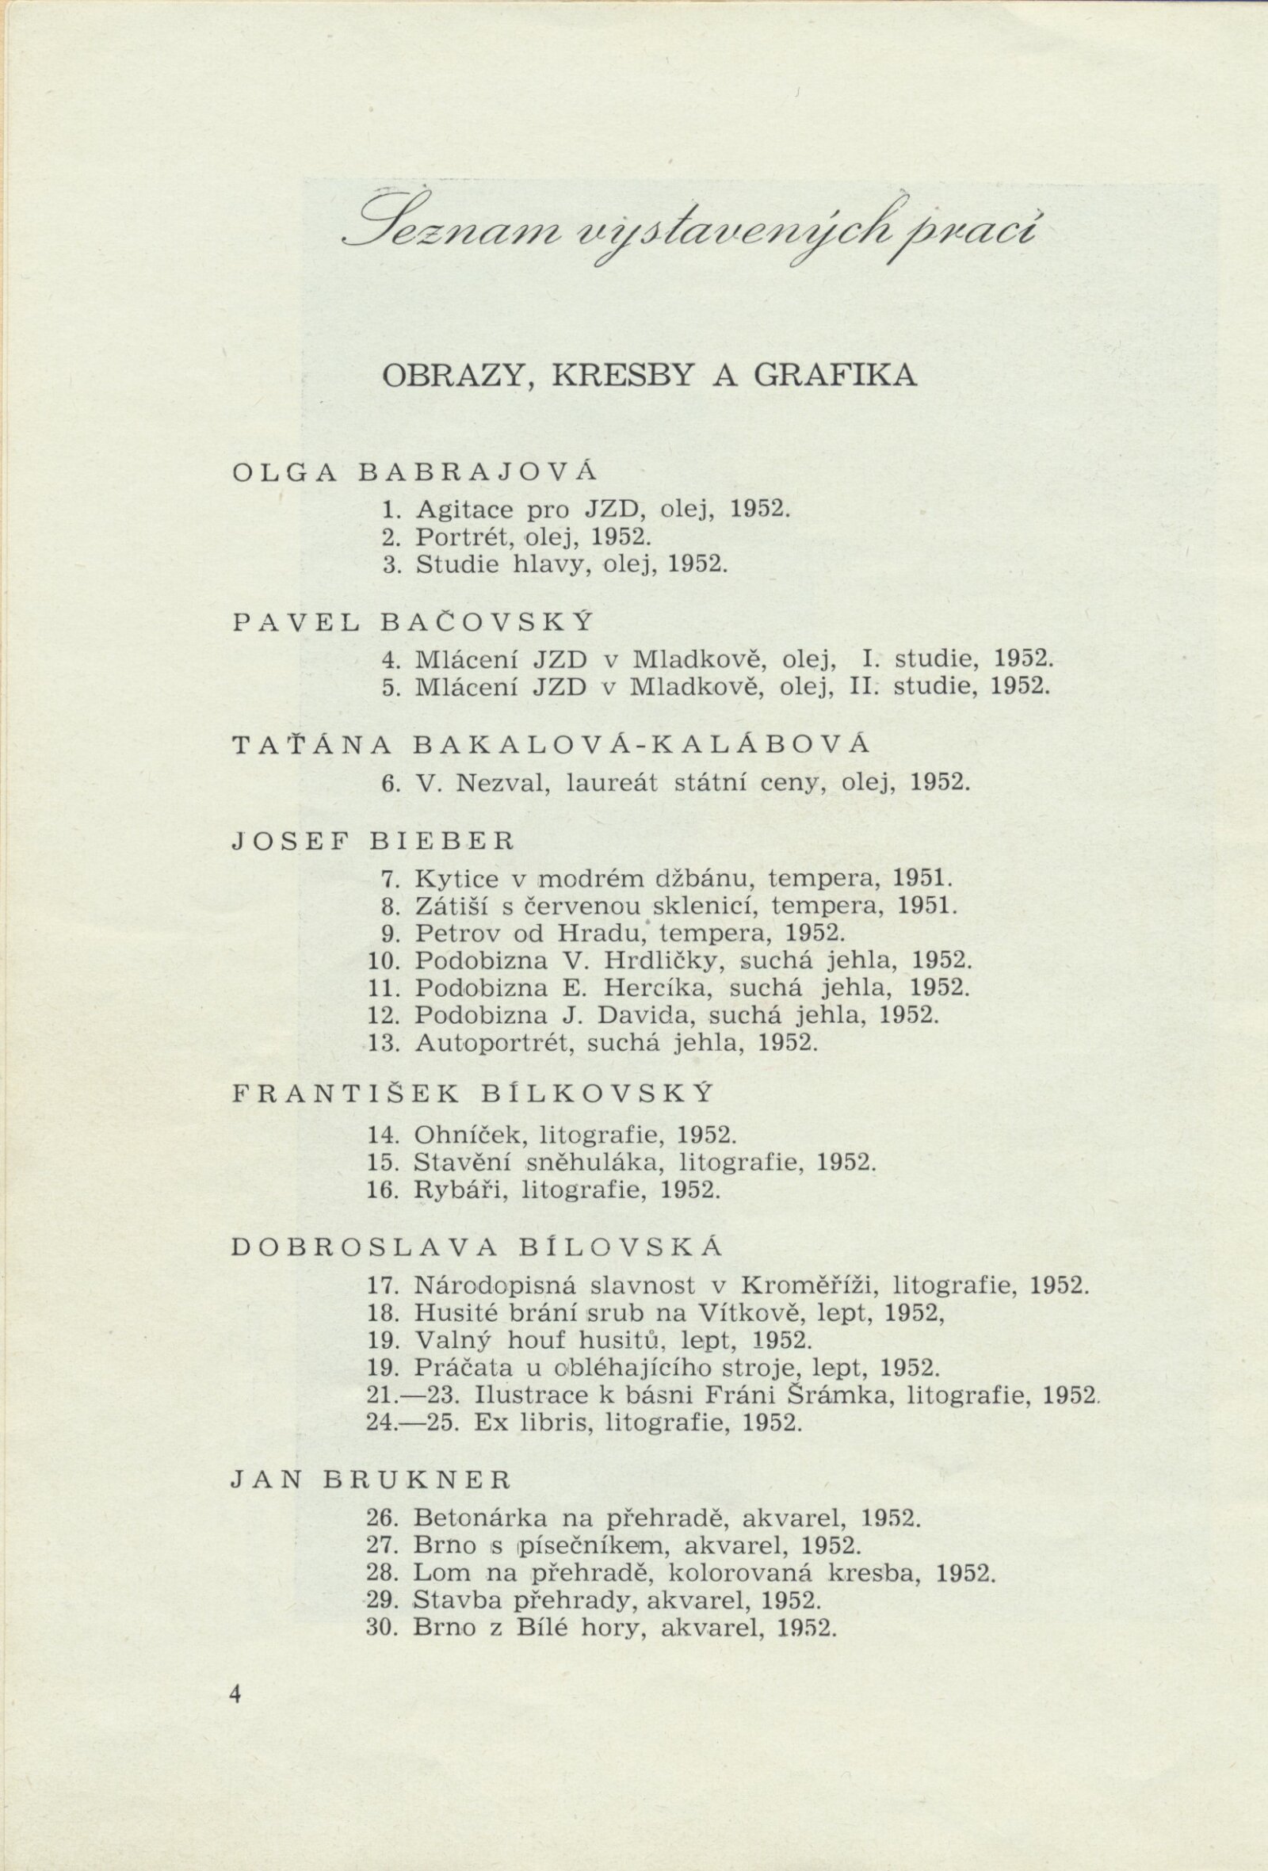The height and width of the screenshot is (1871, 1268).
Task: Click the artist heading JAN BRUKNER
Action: tap(370, 1479)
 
